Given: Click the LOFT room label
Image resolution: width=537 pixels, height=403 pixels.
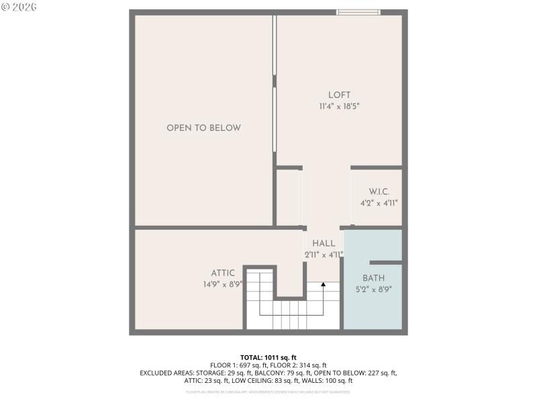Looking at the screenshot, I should (x=339, y=95).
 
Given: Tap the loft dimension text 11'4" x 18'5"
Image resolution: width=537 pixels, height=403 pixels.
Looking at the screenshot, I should (x=339, y=106).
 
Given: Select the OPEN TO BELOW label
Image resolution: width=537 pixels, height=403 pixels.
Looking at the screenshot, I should (x=203, y=128).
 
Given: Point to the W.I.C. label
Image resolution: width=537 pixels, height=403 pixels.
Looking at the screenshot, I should (x=379, y=192).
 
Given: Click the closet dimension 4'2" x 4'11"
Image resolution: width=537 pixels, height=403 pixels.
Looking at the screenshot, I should (x=379, y=203).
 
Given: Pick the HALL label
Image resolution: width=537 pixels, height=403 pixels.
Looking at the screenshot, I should (x=324, y=243).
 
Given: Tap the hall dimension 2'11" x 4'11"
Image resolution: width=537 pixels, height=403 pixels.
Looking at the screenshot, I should (x=324, y=255).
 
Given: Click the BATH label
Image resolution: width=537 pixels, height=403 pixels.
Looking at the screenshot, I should (x=374, y=278).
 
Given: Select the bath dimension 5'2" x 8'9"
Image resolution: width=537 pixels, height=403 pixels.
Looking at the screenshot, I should (x=374, y=289).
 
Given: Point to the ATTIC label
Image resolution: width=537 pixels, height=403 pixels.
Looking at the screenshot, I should (x=223, y=273).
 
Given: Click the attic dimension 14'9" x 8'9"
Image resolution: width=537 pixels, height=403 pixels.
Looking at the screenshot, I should (x=223, y=284).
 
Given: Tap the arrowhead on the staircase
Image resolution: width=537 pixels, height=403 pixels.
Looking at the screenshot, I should (x=323, y=285).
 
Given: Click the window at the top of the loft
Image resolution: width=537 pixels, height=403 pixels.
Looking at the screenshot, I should (x=358, y=12).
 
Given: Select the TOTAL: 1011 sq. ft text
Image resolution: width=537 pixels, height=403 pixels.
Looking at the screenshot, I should (x=268, y=357).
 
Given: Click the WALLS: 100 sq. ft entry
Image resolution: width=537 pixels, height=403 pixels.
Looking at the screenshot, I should (x=328, y=381).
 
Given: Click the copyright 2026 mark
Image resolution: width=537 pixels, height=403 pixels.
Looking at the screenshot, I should (x=19, y=7).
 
